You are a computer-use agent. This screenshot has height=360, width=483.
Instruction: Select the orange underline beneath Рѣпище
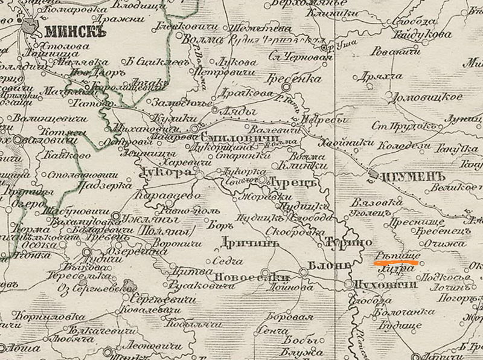click(397, 263)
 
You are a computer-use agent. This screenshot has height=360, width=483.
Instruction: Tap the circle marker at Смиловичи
click(195, 129)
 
